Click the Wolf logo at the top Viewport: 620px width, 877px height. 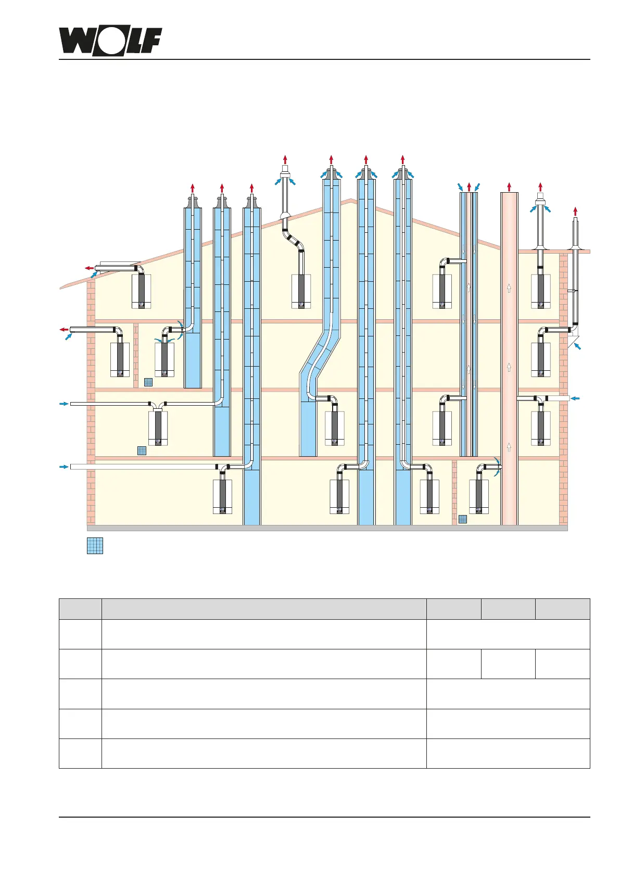[110, 42]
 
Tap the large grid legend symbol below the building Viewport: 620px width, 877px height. [95, 545]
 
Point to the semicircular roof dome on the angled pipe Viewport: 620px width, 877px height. [285, 215]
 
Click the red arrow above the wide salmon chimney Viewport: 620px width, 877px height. [509, 186]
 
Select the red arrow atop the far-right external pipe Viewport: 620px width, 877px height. [575, 210]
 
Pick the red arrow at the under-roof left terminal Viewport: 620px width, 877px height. [90, 268]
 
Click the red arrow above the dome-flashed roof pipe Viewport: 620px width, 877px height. [285, 159]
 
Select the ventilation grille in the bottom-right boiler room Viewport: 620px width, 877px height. [462, 519]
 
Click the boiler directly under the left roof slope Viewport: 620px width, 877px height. [141, 291]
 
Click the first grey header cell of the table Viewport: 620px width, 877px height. [80, 609]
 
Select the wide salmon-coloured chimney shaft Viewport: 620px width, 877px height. [509, 359]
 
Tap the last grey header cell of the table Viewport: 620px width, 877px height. [562, 609]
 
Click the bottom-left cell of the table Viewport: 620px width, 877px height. [80, 753]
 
